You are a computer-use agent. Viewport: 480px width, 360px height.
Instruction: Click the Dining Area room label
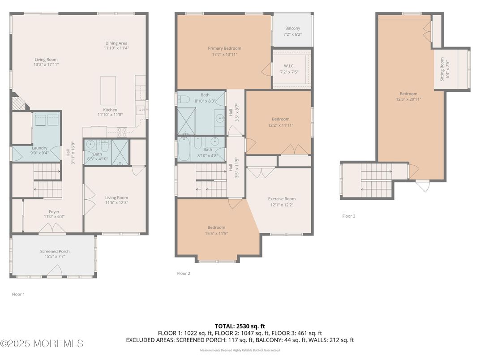coord(116,43)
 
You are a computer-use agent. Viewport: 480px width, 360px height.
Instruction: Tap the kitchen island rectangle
coord(108,90)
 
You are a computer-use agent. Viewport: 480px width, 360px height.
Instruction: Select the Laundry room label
coord(39,148)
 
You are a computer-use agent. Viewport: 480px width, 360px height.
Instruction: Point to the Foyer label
coord(54,212)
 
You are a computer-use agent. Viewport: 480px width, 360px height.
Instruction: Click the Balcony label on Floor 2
coord(292,28)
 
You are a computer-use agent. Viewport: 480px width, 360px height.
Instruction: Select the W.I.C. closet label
coord(289,66)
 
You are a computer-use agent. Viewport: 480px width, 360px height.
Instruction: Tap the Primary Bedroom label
coord(224,48)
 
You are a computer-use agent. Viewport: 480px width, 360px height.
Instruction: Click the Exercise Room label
coord(282,199)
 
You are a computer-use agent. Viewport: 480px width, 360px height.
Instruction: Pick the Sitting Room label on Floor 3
coord(442,69)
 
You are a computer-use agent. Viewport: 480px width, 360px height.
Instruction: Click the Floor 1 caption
coord(18,294)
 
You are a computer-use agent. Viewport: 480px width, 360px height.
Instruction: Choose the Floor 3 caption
coord(349,216)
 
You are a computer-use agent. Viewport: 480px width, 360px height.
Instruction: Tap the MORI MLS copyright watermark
coord(42,344)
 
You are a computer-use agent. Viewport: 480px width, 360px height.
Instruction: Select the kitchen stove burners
coord(122,132)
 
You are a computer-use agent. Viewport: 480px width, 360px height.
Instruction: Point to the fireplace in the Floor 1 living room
coord(18,103)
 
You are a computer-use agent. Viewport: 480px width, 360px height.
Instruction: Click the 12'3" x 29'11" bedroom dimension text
coord(408,99)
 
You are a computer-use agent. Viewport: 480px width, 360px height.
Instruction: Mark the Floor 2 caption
coord(184,273)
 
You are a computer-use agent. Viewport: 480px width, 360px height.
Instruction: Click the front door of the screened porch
coord(55,271)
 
